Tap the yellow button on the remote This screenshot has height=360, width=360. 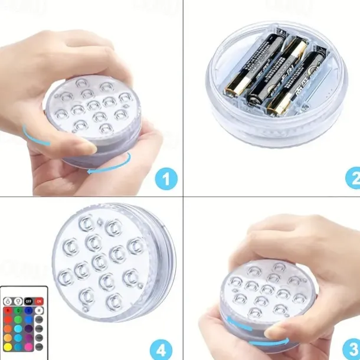tap(8, 346)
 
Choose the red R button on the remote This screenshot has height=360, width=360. tap(8, 309)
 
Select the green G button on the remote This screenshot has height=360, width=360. tap(18, 309)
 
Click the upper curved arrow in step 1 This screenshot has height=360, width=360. tap(32, 135)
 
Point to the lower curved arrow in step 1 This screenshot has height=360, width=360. tap(106, 168)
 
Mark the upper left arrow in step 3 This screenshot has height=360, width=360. tap(233, 321)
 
